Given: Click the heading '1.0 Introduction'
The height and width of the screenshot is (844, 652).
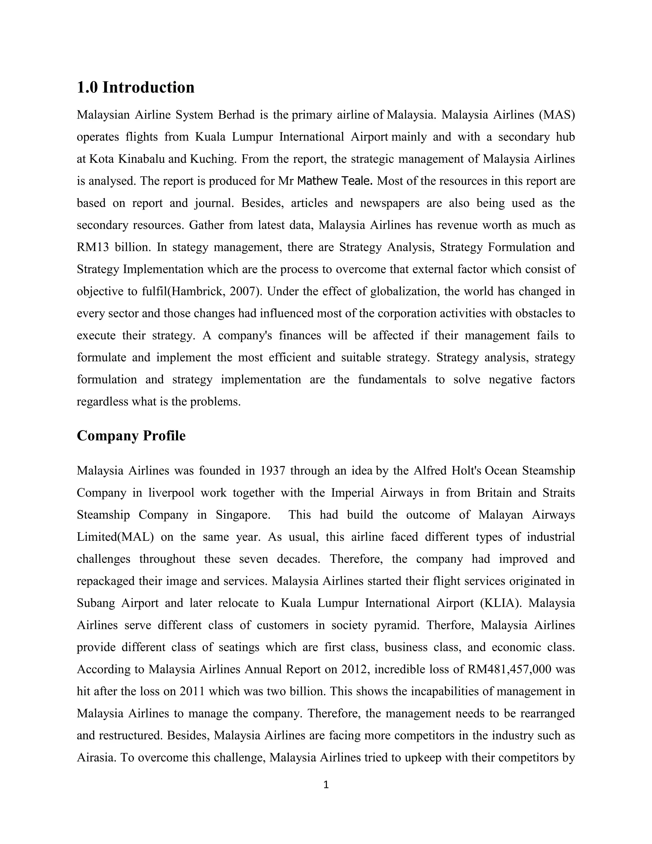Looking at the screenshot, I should (136, 87).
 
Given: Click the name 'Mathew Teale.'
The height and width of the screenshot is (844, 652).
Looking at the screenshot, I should (335, 181).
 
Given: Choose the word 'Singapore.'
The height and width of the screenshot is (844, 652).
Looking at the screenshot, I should (243, 515).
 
